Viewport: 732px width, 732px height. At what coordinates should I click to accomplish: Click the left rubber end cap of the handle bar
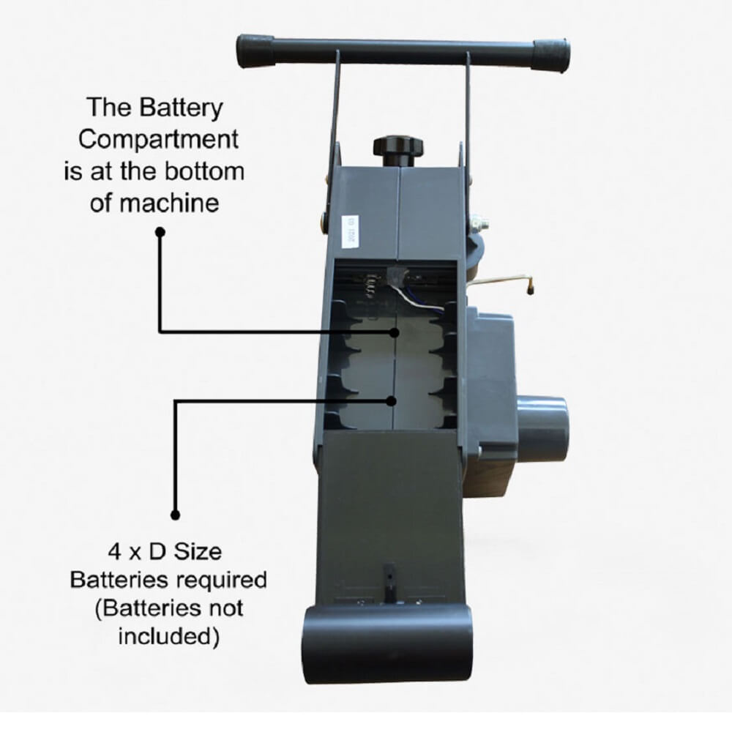coord(255,51)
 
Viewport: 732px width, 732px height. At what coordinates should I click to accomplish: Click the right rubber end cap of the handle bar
coord(552,57)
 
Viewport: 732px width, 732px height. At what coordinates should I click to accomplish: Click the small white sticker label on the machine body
coord(348,231)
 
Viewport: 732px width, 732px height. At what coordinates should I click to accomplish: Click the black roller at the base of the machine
coord(387,643)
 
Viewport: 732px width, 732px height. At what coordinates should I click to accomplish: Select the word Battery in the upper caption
coord(180,108)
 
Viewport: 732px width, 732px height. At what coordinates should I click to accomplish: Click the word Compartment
coord(158,140)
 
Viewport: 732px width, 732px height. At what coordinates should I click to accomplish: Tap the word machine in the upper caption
coord(168,203)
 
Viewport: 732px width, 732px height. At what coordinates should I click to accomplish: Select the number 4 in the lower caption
coord(115,552)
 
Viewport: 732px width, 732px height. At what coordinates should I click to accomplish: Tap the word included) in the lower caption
coord(168,636)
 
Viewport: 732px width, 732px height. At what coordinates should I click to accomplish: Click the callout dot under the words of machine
coord(160,232)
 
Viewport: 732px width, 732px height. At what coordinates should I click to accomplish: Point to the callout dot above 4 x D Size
coord(175,515)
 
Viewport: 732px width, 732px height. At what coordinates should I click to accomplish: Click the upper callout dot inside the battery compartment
coord(395,332)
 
